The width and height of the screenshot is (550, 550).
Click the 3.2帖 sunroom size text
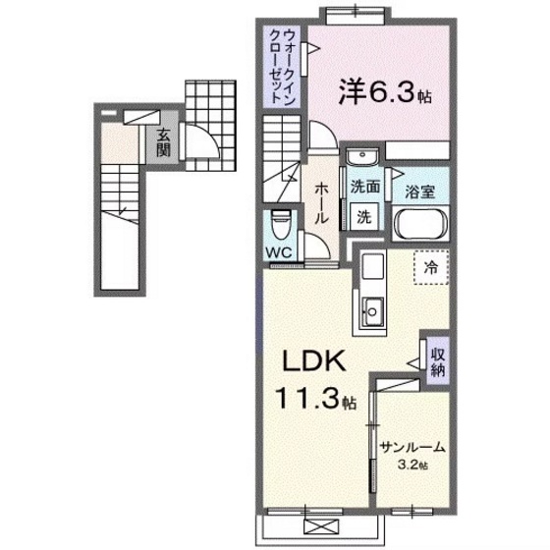[412, 465]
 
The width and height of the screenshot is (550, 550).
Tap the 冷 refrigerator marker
[430, 264]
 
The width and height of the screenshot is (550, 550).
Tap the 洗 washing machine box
[362, 217]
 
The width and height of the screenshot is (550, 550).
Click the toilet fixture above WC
[280, 225]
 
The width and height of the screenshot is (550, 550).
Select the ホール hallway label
[322, 202]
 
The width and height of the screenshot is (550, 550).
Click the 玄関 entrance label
[162, 143]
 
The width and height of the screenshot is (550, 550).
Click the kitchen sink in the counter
[374, 313]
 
